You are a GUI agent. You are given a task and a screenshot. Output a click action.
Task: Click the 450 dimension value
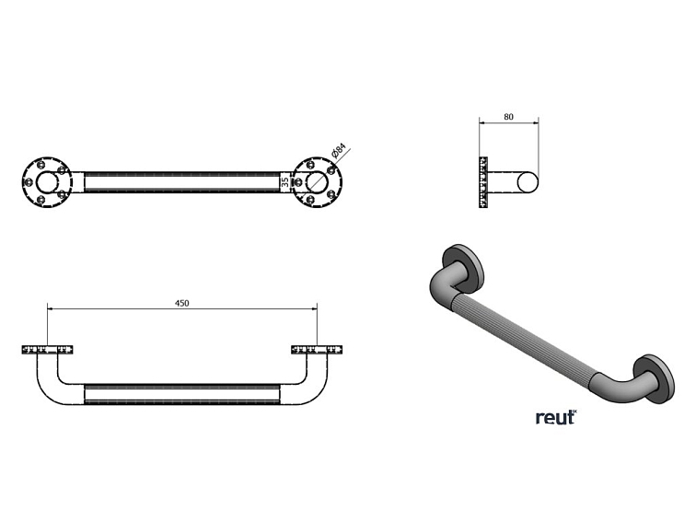(182, 303)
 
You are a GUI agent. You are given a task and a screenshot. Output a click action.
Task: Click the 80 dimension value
(509, 117)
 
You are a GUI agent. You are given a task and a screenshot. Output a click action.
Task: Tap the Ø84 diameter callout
(338, 150)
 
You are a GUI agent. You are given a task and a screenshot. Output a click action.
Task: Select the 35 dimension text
(285, 181)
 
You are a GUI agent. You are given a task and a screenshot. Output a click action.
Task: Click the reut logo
(556, 417)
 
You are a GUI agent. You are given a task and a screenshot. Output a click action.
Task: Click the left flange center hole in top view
(47, 182)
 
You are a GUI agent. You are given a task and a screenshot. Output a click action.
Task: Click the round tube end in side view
(528, 182)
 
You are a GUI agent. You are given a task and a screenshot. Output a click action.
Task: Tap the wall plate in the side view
(483, 182)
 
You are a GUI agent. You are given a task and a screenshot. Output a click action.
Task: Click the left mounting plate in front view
(47, 350)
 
